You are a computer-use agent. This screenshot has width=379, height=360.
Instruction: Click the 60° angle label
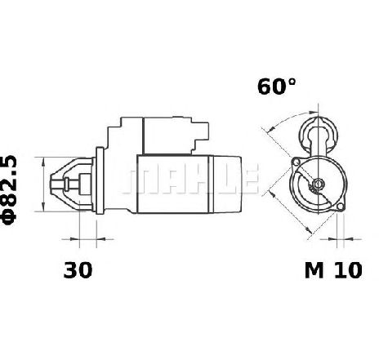276,87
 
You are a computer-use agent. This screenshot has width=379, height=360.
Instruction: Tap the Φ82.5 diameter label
9,190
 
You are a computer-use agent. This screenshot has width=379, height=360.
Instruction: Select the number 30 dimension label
78,270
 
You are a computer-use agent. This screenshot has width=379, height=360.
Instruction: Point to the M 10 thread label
333,270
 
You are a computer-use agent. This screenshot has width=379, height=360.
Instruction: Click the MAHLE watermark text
190,180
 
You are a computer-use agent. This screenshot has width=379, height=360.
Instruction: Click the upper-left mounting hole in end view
295,162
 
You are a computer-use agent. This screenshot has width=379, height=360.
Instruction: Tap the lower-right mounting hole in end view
341,207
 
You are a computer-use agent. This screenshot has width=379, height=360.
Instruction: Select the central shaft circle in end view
318,184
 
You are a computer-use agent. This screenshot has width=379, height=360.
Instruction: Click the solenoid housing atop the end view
318,136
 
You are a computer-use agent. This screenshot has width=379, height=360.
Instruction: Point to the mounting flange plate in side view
100,180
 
